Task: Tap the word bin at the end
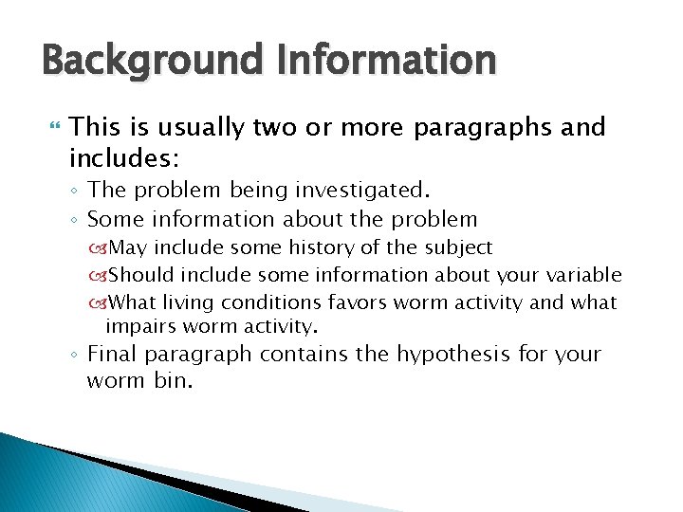(173, 382)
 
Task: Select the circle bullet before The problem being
(76, 191)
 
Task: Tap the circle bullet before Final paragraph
(76, 356)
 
